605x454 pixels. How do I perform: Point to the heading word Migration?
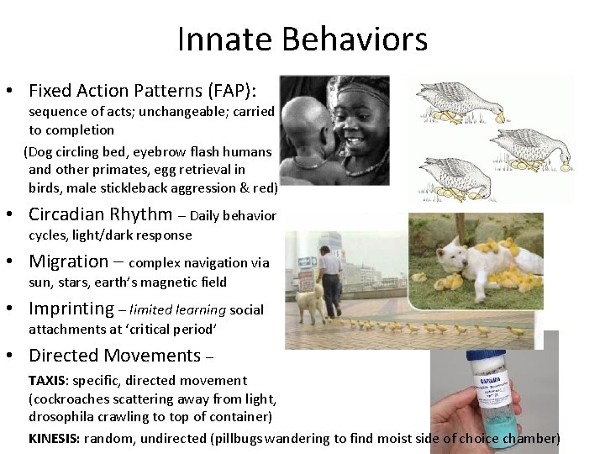click(x=69, y=261)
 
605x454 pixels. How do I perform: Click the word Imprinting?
click(x=71, y=309)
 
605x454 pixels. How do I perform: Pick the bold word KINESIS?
click(x=56, y=438)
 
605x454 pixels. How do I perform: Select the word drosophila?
click(x=61, y=417)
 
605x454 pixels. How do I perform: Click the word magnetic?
click(x=174, y=282)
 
